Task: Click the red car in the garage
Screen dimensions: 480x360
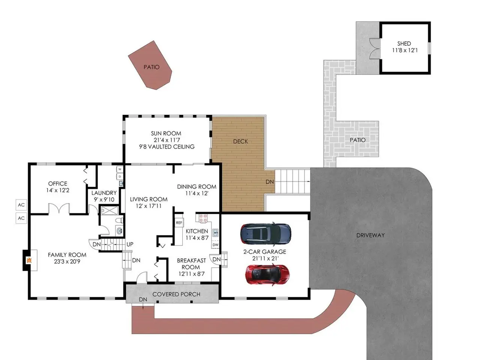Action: (x=267, y=274)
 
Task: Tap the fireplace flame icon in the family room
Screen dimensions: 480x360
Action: (x=29, y=260)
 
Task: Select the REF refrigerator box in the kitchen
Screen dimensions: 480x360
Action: (x=179, y=223)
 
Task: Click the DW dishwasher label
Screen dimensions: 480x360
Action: (x=215, y=244)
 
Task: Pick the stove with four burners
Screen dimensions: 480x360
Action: (x=203, y=218)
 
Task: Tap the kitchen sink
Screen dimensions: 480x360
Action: (x=215, y=233)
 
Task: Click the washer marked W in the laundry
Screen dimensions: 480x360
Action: (x=120, y=169)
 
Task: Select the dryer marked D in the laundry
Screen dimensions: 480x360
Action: (x=120, y=176)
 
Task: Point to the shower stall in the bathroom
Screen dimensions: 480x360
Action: (x=109, y=211)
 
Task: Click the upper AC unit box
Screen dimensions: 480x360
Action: (x=21, y=205)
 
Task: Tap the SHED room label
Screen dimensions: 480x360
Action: (x=404, y=43)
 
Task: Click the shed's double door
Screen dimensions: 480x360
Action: (x=374, y=49)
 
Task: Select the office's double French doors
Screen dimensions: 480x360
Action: (x=59, y=208)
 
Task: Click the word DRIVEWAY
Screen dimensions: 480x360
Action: (x=370, y=235)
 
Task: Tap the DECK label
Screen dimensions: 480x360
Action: (x=240, y=141)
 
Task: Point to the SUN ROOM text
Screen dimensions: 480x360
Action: (x=166, y=133)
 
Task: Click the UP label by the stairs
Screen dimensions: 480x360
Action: (x=130, y=244)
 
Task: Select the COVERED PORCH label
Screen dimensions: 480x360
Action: (x=176, y=294)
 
